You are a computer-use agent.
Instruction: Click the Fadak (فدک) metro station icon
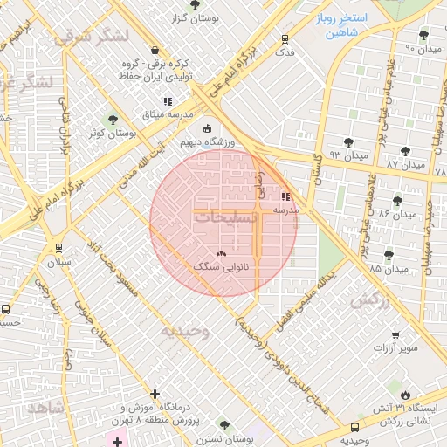(x=285, y=39)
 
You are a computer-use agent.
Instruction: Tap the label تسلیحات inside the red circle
(x=225, y=217)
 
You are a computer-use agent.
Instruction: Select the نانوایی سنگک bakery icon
(x=221, y=253)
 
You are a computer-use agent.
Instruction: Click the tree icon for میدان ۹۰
(x=423, y=35)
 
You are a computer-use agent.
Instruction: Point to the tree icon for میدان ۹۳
(x=349, y=141)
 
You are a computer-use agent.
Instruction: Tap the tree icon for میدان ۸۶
(x=397, y=201)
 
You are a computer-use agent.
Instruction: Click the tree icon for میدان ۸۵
(x=389, y=255)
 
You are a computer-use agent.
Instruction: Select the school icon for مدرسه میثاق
(x=168, y=102)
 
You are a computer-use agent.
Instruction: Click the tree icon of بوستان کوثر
(x=111, y=120)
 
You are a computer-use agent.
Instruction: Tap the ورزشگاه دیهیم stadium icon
(x=207, y=128)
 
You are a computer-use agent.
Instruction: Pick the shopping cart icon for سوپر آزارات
(x=395, y=334)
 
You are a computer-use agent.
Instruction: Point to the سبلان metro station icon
(x=58, y=248)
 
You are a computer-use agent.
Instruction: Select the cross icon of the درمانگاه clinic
(x=155, y=395)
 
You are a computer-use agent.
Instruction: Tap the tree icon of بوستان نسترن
(x=224, y=425)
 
